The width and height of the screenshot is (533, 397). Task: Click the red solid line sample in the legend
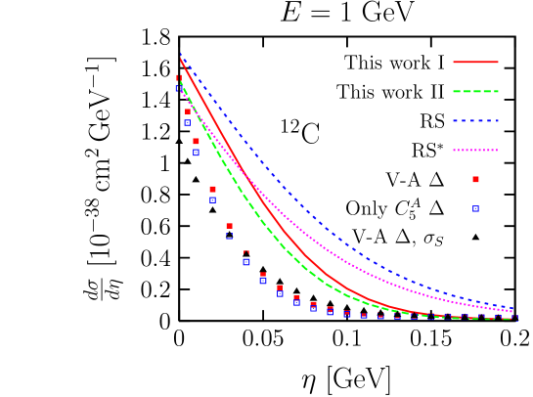475,62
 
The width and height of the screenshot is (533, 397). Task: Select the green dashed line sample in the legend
475,91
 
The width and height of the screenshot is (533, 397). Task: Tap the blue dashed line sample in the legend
475,121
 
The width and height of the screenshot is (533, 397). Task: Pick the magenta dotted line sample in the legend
475,151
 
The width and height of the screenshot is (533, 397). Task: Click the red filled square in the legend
475,179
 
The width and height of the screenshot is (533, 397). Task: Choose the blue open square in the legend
475,208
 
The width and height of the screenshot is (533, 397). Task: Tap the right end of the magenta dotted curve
512,310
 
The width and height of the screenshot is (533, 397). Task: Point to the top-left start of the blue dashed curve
181,56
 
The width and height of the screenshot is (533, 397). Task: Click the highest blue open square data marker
179,88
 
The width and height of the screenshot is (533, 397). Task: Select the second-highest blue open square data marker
187,122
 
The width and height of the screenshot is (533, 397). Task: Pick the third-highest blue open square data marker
196,152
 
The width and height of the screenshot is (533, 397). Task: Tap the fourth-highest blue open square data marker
212,199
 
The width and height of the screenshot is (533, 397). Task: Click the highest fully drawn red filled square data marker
188,111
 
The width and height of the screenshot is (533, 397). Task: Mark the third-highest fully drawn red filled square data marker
212,189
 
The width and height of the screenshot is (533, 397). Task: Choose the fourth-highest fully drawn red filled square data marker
229,226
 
